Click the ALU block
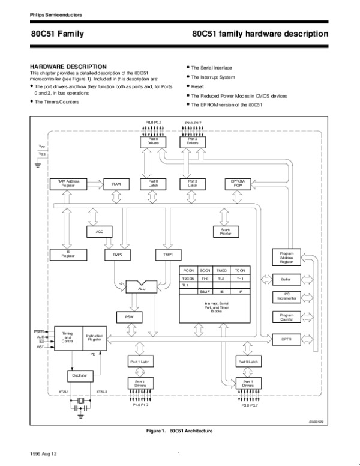pos(142,288)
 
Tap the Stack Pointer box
pos(226,231)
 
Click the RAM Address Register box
pos(67,183)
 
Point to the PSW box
pos(129,316)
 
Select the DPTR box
pos(286,339)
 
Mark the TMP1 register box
pos(168,255)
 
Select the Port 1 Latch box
pos(139,362)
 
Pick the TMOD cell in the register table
pos(221,271)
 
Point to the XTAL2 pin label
pos(101,392)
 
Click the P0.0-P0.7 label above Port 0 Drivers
pos(154,123)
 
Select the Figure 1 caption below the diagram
pos(180,431)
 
